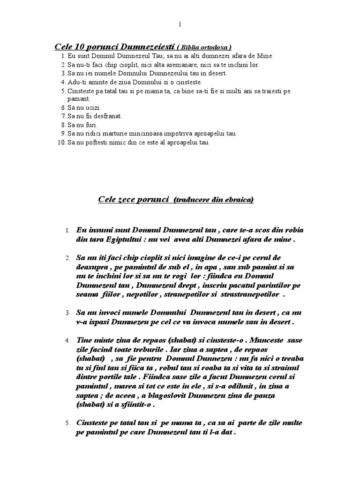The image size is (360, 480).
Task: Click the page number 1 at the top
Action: [180, 24]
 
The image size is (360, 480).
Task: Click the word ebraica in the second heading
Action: [239, 200]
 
